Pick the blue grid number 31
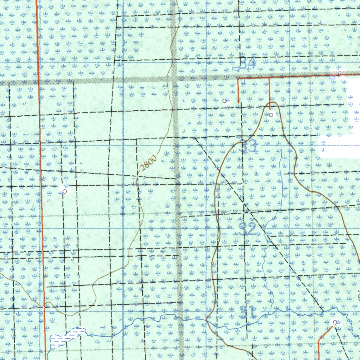coord(248,312)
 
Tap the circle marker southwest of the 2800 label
coord(65,191)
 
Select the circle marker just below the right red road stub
coord(271,115)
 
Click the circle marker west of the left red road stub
coord(225,101)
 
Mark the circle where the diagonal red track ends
coord(335,322)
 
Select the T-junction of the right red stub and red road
coord(269,77)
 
